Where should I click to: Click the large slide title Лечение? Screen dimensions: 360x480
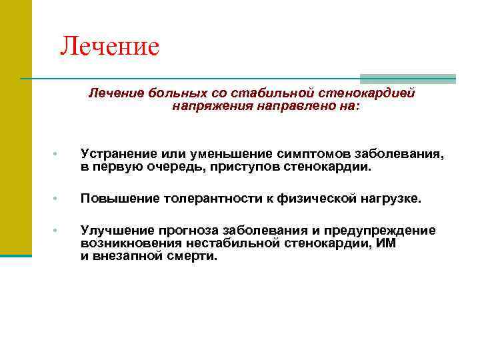pyautogui.click(x=109, y=47)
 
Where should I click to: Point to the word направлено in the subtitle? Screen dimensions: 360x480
pyautogui.click(x=285, y=105)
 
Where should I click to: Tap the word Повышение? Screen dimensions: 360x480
pyautogui.click(x=116, y=199)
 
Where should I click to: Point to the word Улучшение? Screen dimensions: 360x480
pyautogui.click(x=114, y=231)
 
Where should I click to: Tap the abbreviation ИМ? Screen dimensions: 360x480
pyautogui.click(x=386, y=243)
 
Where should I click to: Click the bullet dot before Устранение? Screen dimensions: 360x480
pyautogui.click(x=59, y=155)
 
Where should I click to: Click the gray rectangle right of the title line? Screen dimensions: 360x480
pyautogui.click(x=407, y=79)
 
